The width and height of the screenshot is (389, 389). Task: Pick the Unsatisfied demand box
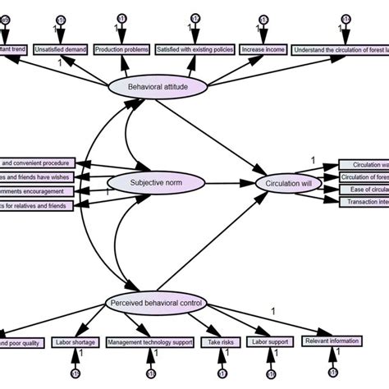pos(61,48)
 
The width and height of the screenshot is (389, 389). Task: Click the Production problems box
pos(121,48)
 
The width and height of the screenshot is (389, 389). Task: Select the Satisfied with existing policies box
pos(193,48)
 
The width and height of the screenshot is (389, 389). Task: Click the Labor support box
pos(271,341)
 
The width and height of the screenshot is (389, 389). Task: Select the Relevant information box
pos(332,341)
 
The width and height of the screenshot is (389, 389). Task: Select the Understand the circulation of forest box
pos(340,48)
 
